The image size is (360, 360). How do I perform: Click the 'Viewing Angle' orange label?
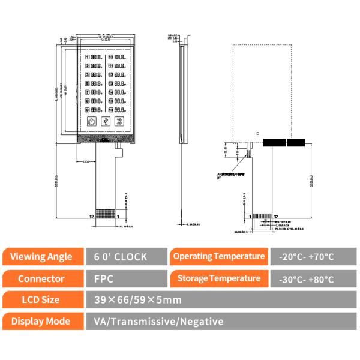pos(42,257)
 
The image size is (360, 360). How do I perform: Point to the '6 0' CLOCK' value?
pos(120,257)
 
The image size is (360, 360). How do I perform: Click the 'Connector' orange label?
pos(42,279)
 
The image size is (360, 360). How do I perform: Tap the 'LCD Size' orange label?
pos(42,299)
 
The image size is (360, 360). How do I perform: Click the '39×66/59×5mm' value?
pos(134,299)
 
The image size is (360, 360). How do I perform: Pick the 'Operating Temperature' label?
pos(219,256)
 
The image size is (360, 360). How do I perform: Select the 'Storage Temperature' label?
pos(219,278)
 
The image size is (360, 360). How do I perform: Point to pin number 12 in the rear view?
pos(276,216)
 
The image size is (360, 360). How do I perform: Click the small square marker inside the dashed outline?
pos(257,133)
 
